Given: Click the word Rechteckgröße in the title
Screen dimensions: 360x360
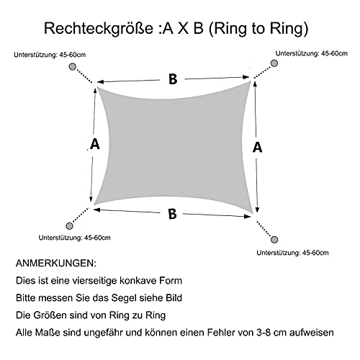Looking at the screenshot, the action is coord(99,29).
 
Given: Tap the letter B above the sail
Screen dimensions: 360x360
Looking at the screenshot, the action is coord(173,79).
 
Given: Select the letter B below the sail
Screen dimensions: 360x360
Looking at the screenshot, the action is coord(172,214).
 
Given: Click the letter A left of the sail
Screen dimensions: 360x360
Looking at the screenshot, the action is coord(95,144).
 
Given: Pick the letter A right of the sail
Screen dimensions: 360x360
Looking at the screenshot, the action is coord(257,147).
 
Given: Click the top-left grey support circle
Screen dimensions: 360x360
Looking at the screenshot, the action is coord(73,66).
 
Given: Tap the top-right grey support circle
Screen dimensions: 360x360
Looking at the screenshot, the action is coord(274,63).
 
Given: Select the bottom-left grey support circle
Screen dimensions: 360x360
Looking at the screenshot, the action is coord(69,226).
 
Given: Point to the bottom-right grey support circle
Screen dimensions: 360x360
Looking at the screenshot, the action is coord(274,240).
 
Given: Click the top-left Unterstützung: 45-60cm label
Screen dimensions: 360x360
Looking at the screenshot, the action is coord(50,55).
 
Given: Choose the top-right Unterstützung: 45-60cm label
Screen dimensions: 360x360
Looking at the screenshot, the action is coord(312,53).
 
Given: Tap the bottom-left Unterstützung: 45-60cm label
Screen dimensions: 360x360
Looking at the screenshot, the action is coord(75,238).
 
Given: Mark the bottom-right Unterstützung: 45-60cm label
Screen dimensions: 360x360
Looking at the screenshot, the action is coord(292,253).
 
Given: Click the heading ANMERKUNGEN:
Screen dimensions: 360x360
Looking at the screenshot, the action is coord(56,264).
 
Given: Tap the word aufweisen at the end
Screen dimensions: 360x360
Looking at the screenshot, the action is coord(312,333).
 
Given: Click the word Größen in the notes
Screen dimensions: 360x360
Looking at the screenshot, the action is coord(50,315).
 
